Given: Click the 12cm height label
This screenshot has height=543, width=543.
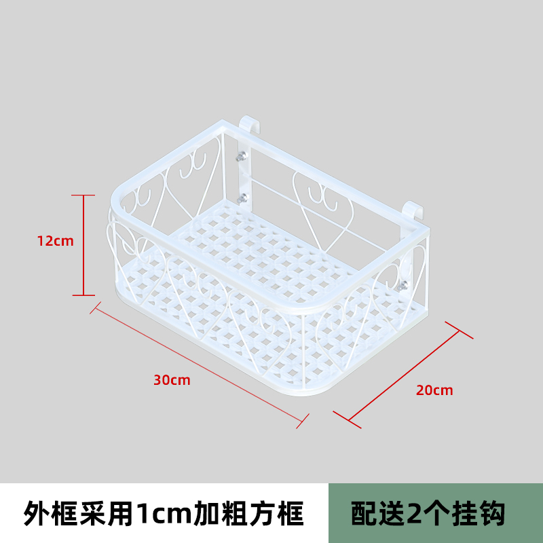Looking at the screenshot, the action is point(56,240).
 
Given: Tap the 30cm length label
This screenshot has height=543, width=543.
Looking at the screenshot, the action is point(172,380).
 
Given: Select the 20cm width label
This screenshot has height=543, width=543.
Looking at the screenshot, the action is point(434,390).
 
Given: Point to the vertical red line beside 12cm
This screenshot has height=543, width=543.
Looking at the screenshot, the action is point(83,244).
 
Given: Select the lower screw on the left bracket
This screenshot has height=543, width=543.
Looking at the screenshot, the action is point(242,198).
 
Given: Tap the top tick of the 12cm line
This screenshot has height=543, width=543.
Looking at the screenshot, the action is point(83,195).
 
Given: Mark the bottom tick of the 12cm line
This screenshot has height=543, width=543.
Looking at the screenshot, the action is point(83,295).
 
